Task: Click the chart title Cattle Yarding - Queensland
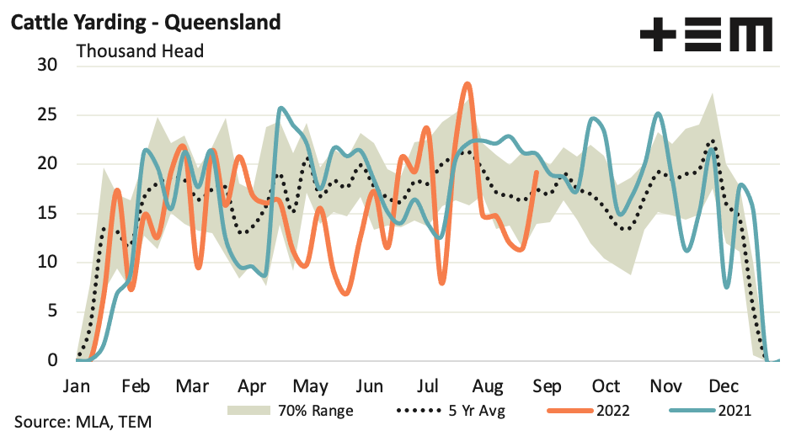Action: coord(144,23)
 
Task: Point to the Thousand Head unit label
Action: coord(140,51)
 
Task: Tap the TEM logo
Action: coord(706,36)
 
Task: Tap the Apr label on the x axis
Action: coord(252,386)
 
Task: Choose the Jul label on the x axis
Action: coord(429,386)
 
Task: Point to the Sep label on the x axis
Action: coord(548,386)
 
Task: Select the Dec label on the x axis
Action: coord(724,386)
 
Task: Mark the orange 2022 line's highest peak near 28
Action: coord(467,83)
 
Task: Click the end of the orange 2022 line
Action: coord(537,172)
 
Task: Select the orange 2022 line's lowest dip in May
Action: coord(345,294)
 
